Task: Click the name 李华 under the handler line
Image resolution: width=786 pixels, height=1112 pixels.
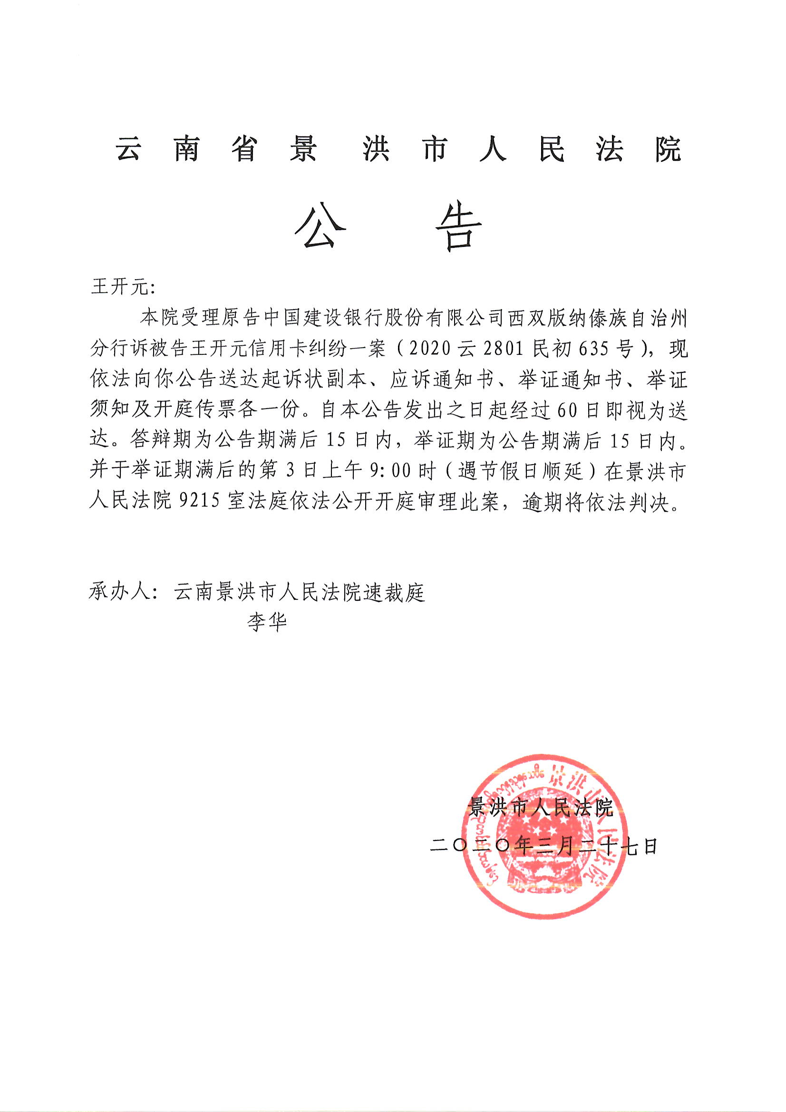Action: [267, 621]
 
